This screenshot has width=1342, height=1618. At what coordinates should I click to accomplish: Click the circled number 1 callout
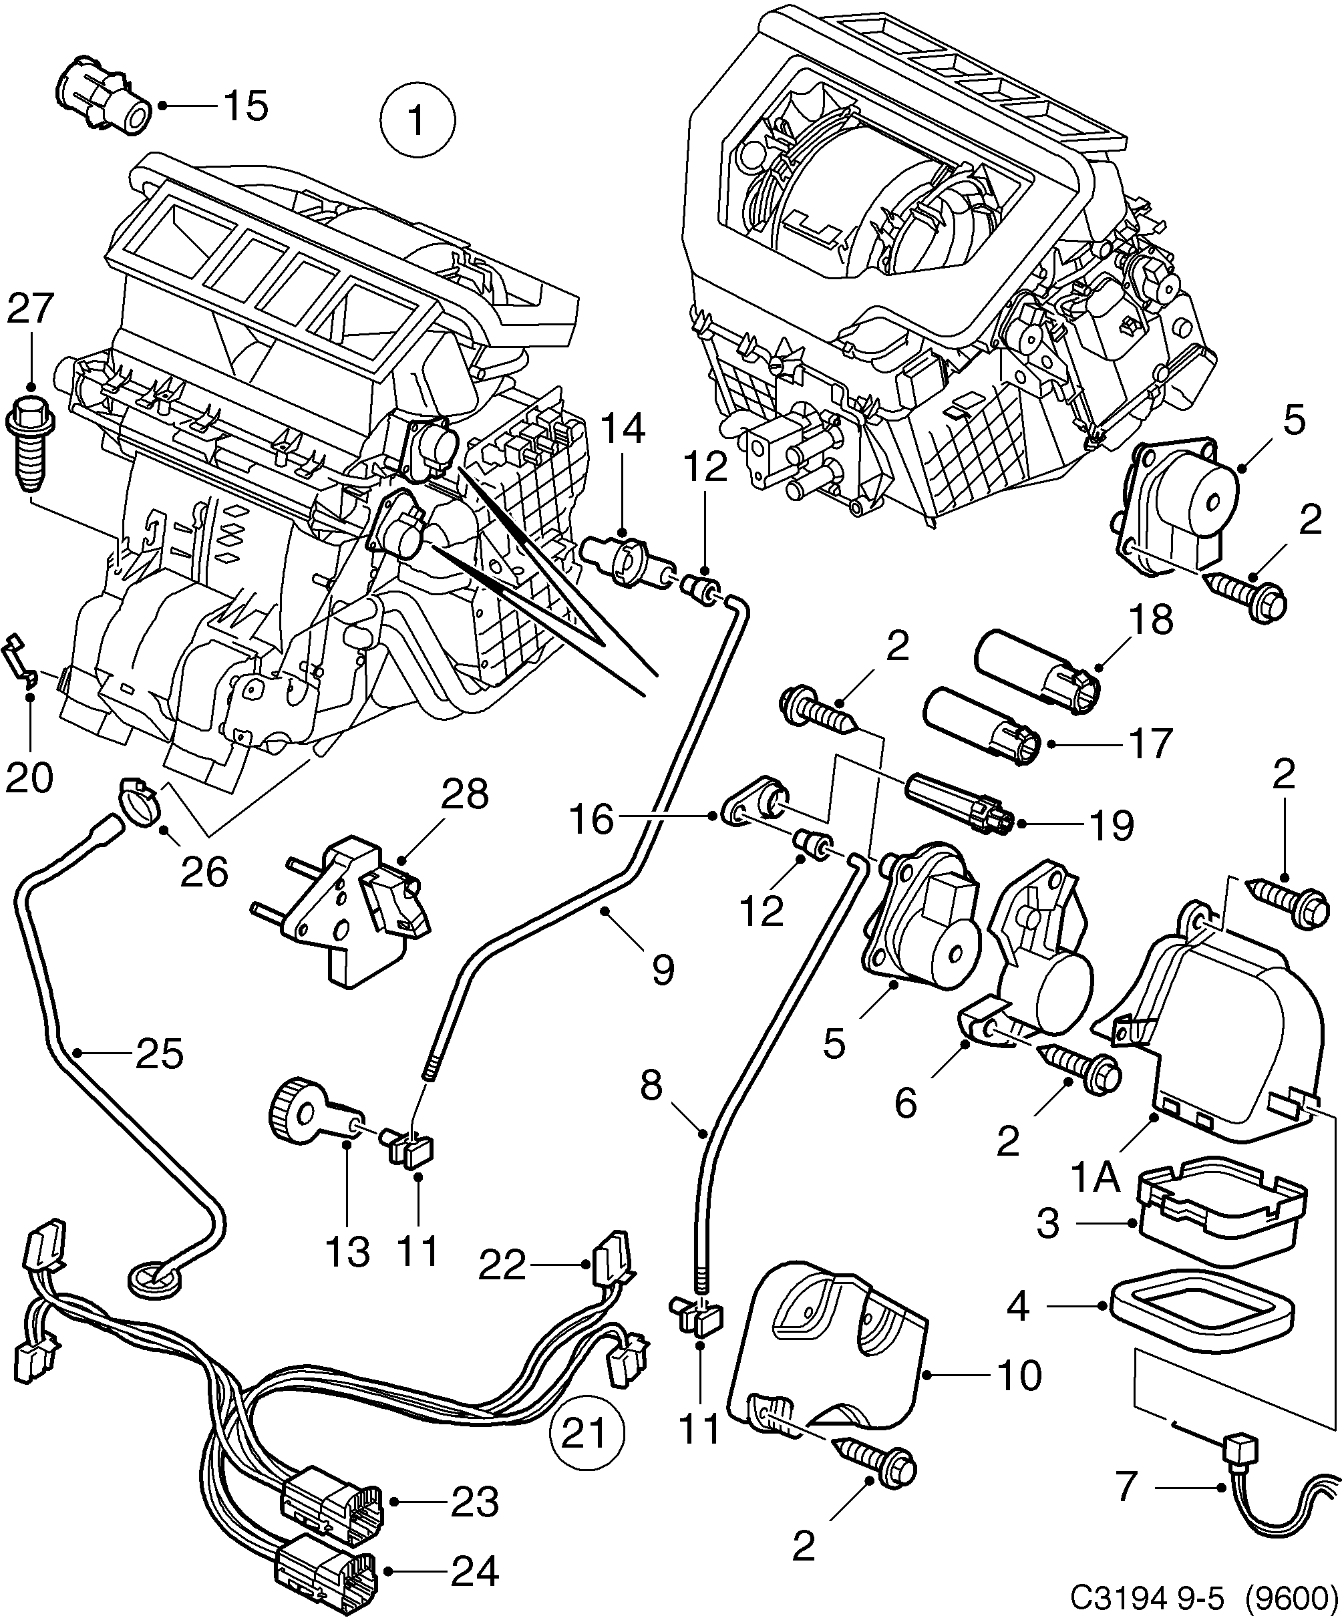pyautogui.click(x=418, y=120)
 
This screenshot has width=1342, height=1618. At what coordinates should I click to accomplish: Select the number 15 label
pyautogui.click(x=246, y=106)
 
